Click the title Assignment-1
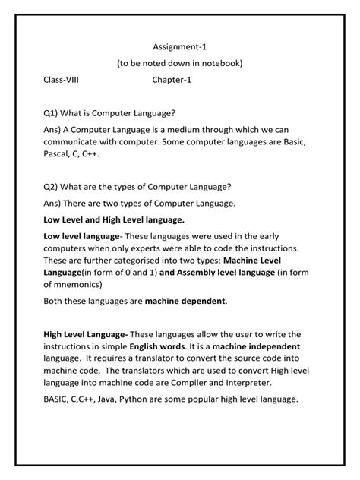[x=179, y=46]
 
